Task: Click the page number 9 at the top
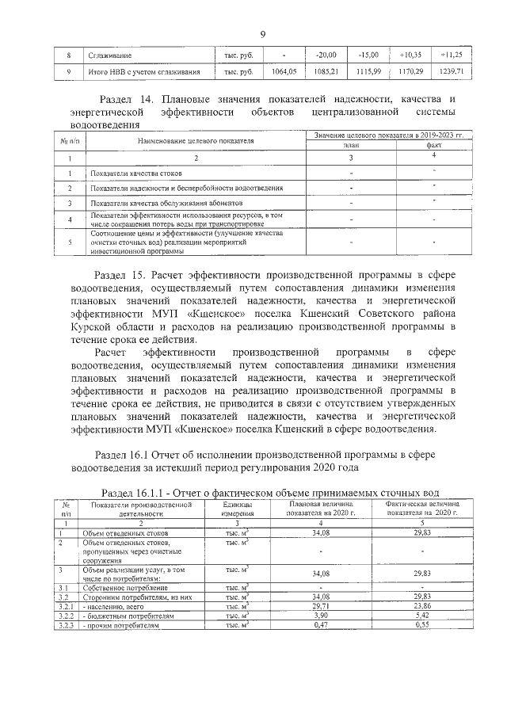click(262, 33)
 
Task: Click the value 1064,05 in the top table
click(283, 72)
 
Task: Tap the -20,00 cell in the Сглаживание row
click(326, 55)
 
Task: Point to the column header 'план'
click(350, 147)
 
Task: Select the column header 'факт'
click(434, 147)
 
